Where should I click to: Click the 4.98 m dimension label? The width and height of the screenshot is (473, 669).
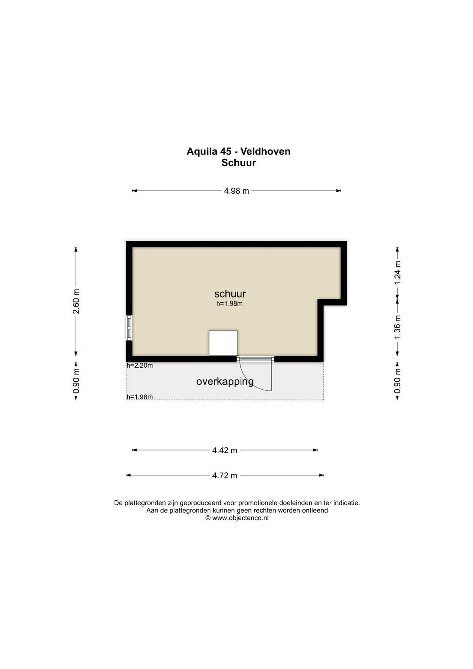(x=236, y=191)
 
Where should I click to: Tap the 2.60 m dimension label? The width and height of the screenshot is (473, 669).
(x=76, y=301)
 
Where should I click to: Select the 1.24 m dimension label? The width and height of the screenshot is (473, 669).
(x=397, y=273)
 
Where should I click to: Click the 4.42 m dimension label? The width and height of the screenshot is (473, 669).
(x=225, y=450)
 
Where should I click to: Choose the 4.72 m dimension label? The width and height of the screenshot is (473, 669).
(x=225, y=476)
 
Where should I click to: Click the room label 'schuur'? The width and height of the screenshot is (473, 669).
(x=230, y=294)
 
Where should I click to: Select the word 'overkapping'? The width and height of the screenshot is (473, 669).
(x=225, y=382)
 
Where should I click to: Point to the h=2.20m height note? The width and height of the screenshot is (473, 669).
(x=140, y=365)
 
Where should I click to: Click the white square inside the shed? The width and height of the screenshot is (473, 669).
(x=223, y=343)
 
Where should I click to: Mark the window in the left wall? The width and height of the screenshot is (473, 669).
(x=129, y=328)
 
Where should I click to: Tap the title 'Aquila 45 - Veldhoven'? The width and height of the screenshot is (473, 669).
(x=238, y=151)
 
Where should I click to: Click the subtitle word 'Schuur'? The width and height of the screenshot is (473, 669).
(x=238, y=163)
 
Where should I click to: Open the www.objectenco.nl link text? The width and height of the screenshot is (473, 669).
(x=240, y=518)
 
